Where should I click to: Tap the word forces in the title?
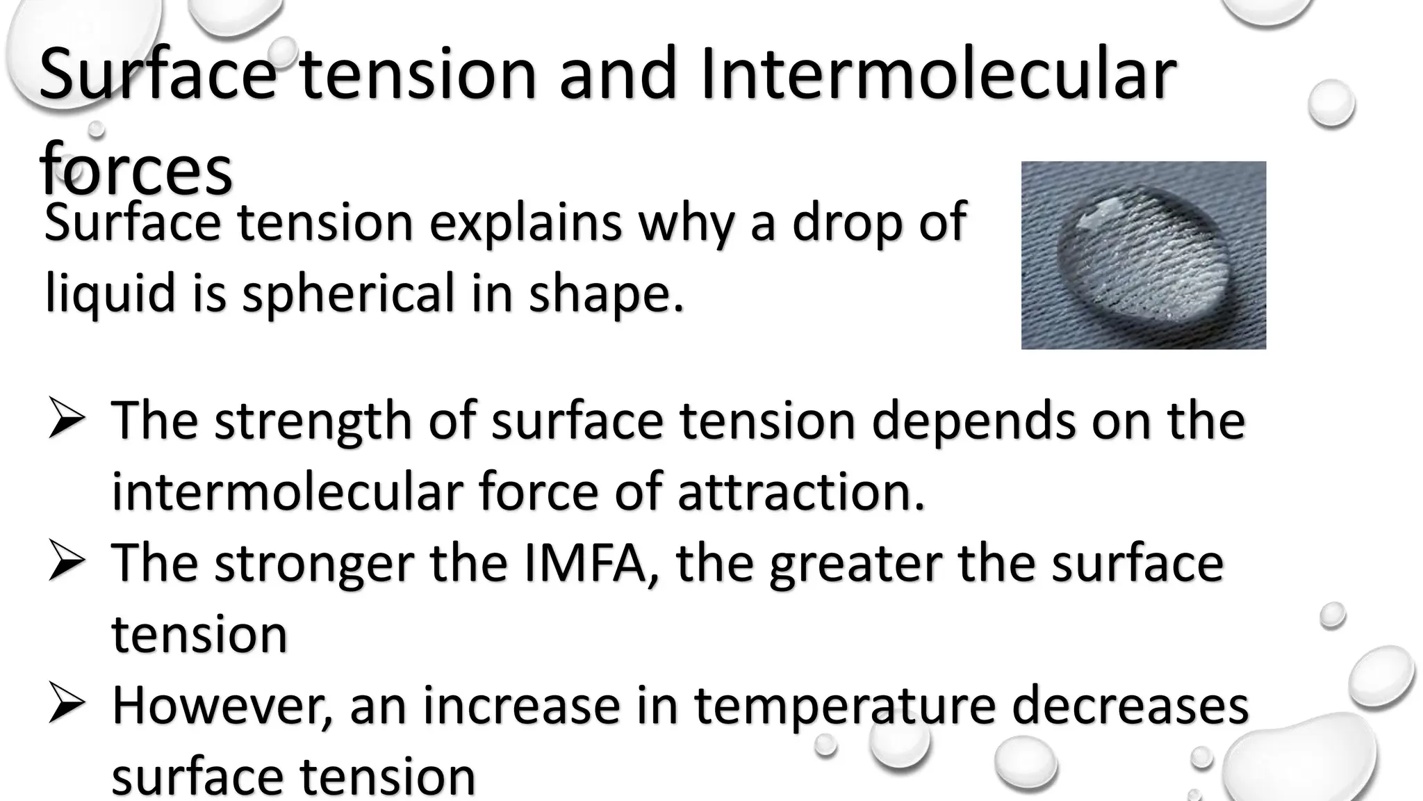click(136, 170)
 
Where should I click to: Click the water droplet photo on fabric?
click(1143, 255)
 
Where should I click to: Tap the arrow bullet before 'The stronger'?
click(67, 564)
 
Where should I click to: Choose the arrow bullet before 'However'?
click(67, 706)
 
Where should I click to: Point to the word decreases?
click(1130, 705)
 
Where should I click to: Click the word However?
click(222, 706)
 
